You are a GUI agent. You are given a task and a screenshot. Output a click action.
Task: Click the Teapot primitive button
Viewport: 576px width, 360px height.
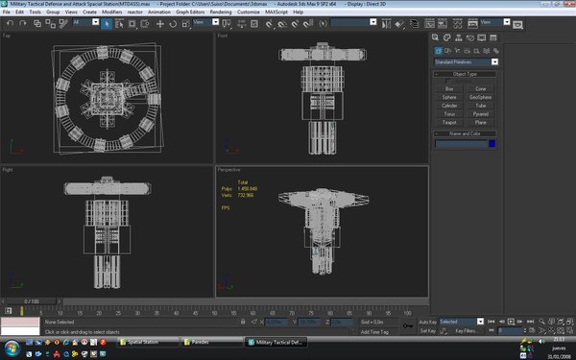pos(449,122)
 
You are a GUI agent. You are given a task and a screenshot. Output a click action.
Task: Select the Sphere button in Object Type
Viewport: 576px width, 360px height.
pos(449,97)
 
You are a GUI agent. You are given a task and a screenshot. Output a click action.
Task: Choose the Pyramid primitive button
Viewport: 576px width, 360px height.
pos(480,113)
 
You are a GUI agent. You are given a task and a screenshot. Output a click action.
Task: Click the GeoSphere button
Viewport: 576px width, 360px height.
pos(480,97)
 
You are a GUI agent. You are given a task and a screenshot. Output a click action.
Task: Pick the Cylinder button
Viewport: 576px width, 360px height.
pos(449,105)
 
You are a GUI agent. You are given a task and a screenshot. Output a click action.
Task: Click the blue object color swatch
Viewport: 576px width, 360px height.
pos(492,144)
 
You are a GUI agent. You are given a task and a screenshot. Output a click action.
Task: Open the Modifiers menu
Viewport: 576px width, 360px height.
pos(111,12)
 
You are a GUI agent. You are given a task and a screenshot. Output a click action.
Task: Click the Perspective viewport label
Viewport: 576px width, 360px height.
pos(229,169)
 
